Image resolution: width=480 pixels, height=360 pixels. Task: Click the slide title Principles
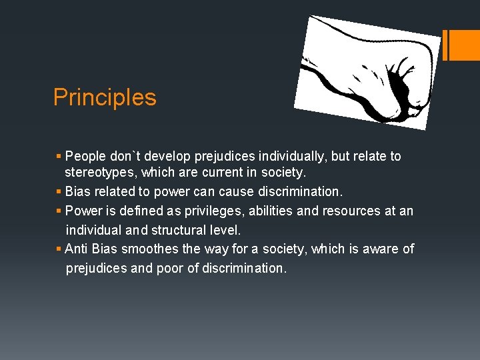105,97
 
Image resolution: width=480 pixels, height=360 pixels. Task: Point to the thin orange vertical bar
446,45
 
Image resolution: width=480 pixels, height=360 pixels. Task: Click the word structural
177,230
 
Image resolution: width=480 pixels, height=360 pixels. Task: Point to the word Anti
77,249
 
